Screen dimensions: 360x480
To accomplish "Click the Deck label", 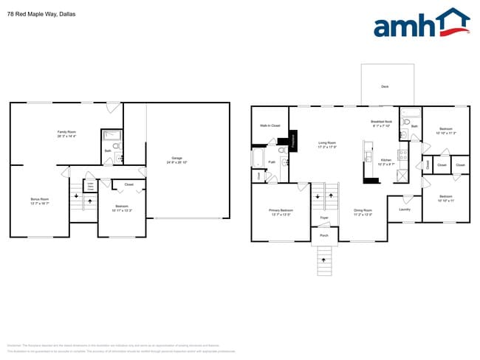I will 385,87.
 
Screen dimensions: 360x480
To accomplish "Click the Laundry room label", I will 404,210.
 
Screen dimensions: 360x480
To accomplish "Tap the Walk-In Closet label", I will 270,126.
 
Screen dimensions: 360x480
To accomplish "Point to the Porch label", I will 323,237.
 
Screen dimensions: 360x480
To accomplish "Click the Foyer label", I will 324,218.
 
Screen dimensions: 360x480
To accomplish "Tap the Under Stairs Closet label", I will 90,187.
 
